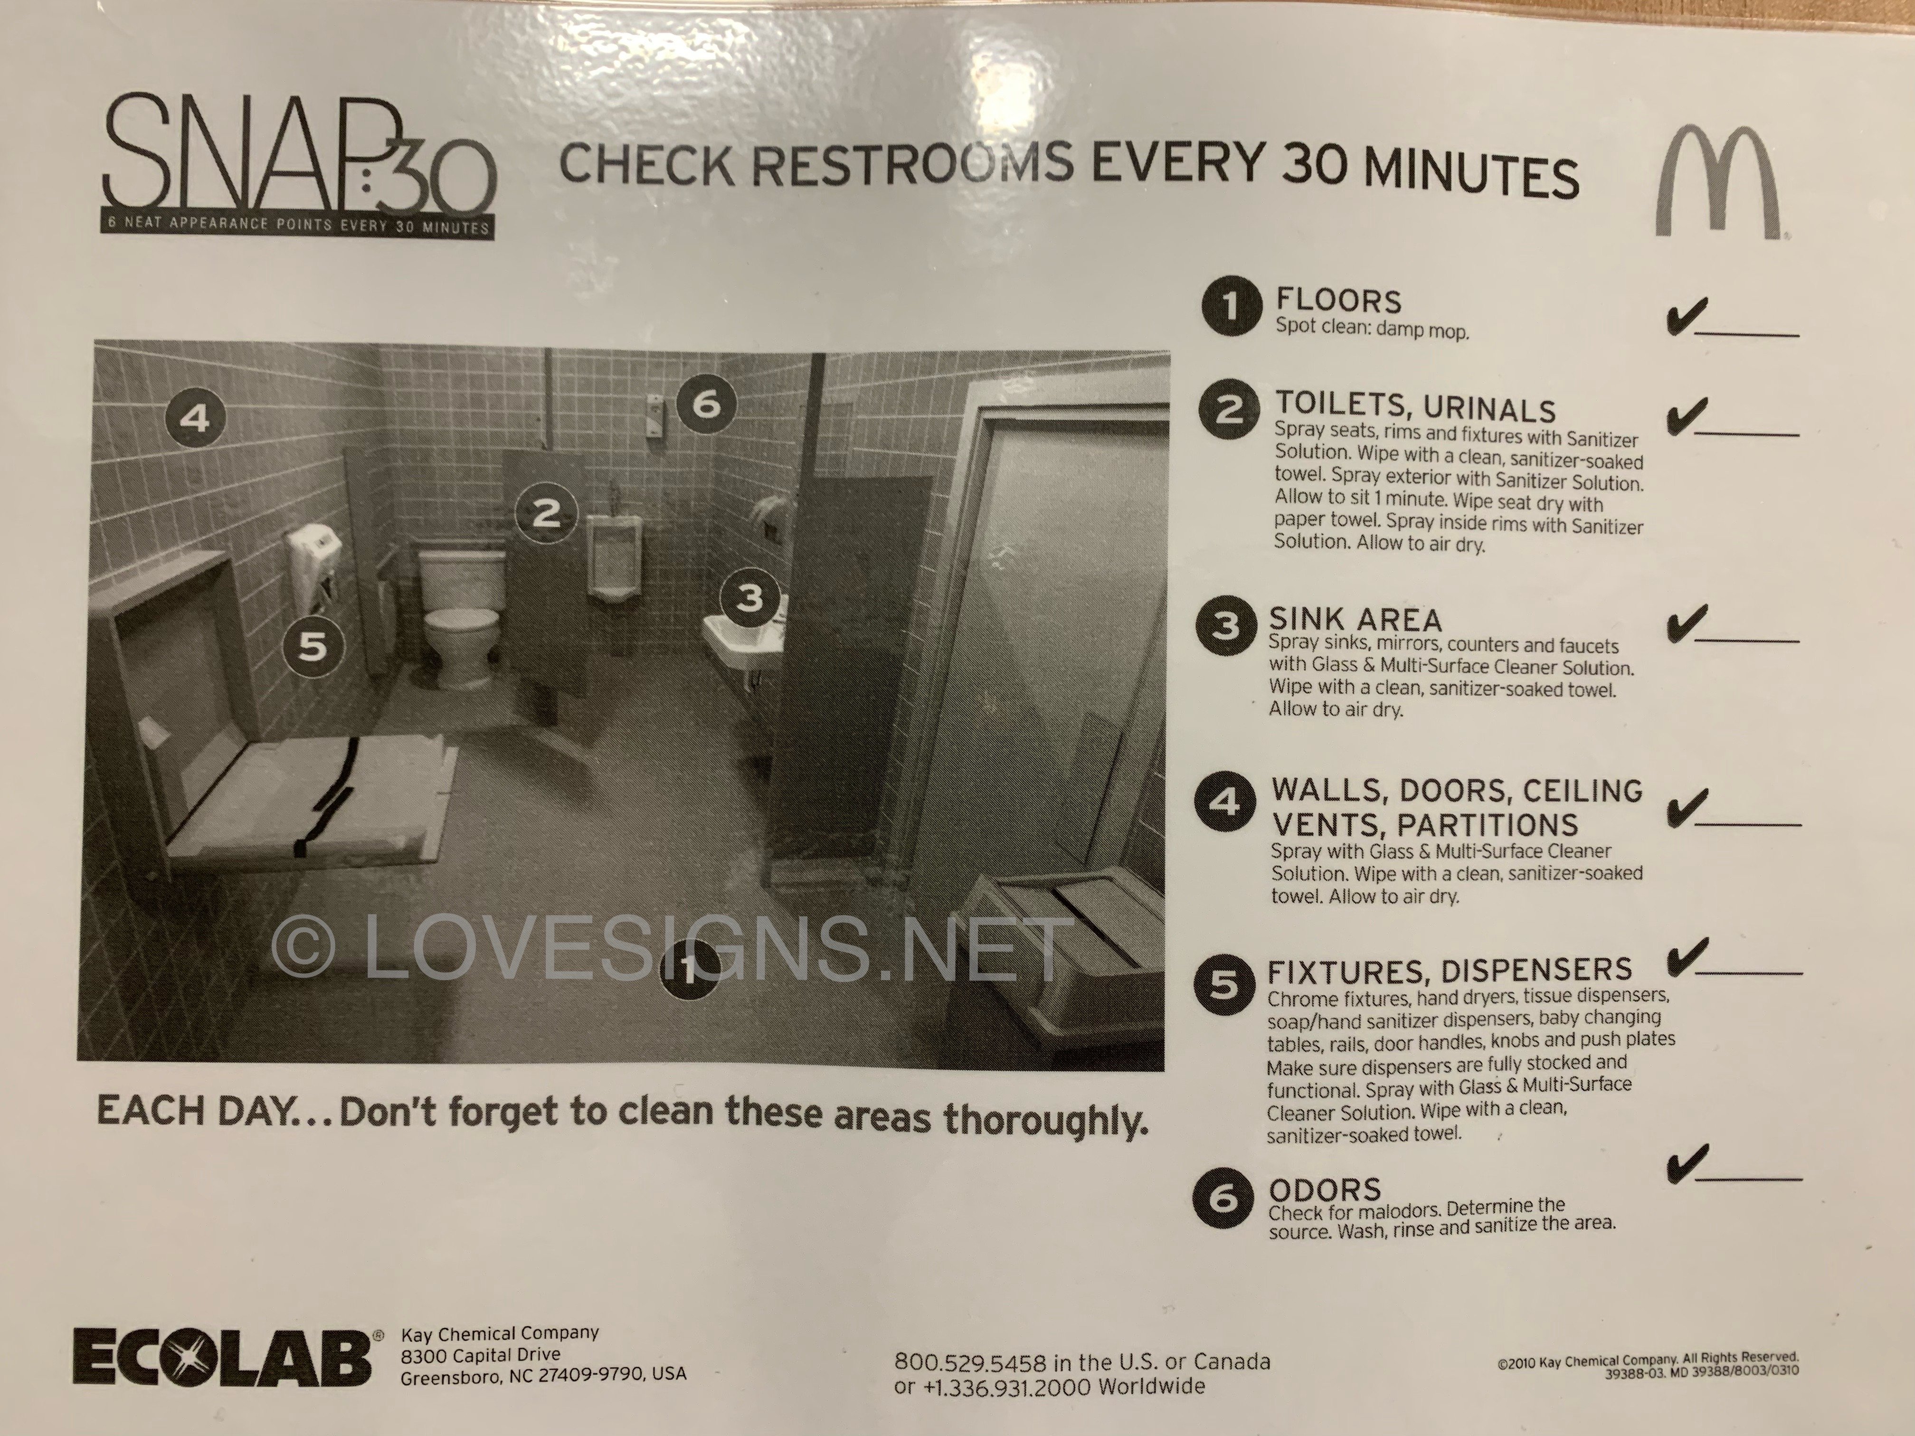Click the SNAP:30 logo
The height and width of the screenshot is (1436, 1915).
click(x=299, y=168)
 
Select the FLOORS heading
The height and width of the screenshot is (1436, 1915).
click(x=1338, y=301)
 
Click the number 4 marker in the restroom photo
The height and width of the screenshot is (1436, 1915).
click(x=195, y=419)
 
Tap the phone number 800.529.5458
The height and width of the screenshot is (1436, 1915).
click(x=970, y=1362)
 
